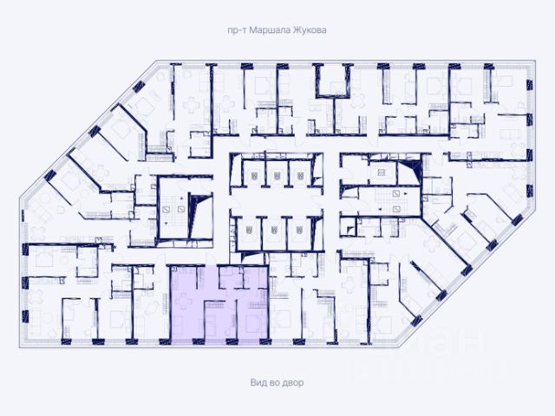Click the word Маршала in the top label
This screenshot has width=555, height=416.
click(x=264, y=29)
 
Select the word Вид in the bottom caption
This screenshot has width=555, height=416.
click(x=256, y=382)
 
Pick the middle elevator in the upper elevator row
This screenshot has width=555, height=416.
click(x=277, y=177)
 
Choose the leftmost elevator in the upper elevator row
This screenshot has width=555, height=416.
click(x=254, y=177)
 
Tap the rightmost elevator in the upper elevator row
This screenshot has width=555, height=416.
click(x=300, y=177)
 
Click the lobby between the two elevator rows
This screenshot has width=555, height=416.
click(x=276, y=204)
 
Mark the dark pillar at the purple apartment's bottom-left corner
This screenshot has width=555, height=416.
click(x=173, y=339)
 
